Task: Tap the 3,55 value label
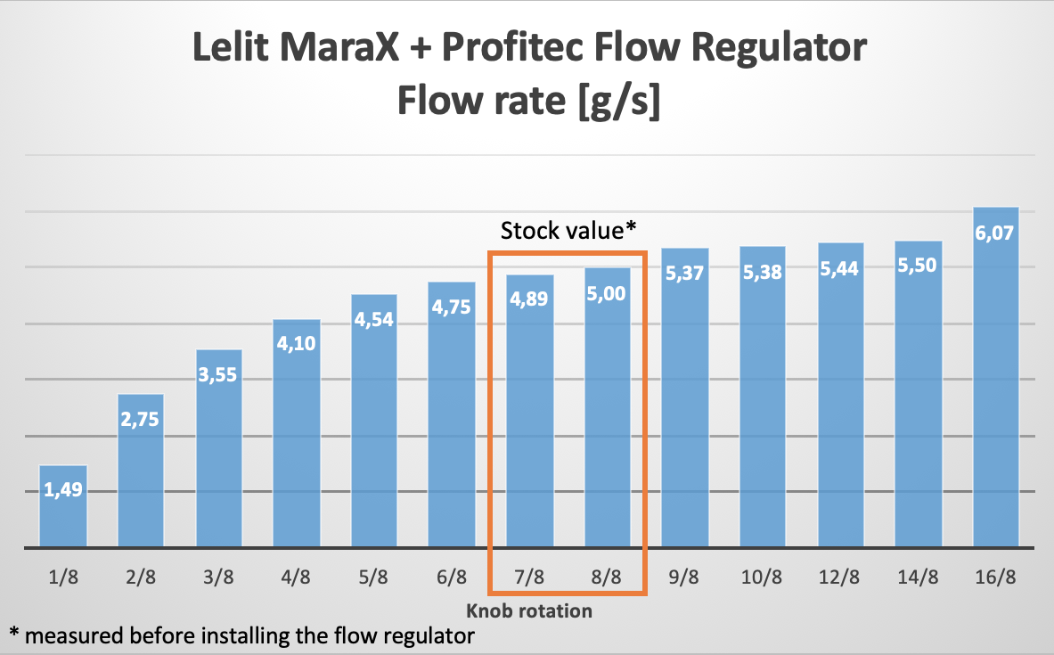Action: tap(218, 375)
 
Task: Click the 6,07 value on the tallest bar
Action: tap(995, 233)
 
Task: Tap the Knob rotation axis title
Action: tap(528, 611)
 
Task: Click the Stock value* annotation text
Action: tap(568, 231)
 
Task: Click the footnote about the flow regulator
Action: tap(241, 635)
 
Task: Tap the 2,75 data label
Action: tap(141, 420)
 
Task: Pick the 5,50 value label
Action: tap(918, 266)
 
